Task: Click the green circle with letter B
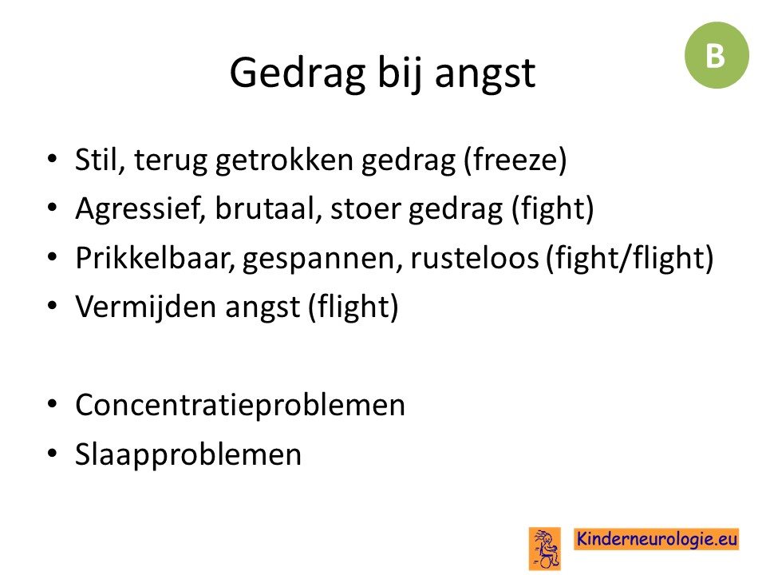[717, 55]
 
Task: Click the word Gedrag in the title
[298, 73]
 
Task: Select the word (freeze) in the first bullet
[515, 161]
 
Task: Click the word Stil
[99, 160]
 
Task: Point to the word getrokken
[284, 160]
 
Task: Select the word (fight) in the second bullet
[552, 209]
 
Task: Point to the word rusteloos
[474, 258]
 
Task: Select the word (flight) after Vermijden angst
[353, 307]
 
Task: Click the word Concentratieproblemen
[240, 406]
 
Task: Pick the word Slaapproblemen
[188, 454]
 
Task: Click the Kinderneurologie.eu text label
[656, 539]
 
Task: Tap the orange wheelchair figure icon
[545, 549]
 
